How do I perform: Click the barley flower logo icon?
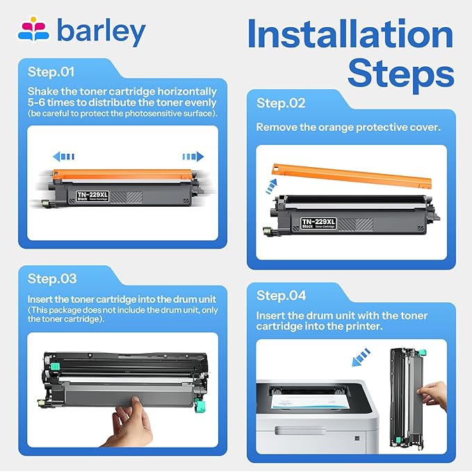[33, 29]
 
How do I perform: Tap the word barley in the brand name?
[101, 32]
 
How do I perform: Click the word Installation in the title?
[350, 33]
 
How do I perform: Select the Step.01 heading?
[51, 72]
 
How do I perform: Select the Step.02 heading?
[281, 104]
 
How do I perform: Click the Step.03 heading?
[52, 278]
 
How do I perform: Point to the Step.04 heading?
[281, 295]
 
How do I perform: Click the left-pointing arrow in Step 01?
[63, 157]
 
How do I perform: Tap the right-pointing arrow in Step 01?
[193, 157]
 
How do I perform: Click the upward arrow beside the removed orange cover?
[271, 187]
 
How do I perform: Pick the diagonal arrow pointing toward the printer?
[361, 357]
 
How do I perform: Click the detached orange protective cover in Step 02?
[352, 175]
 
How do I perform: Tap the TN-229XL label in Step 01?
[92, 196]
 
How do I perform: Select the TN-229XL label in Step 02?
[318, 223]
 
